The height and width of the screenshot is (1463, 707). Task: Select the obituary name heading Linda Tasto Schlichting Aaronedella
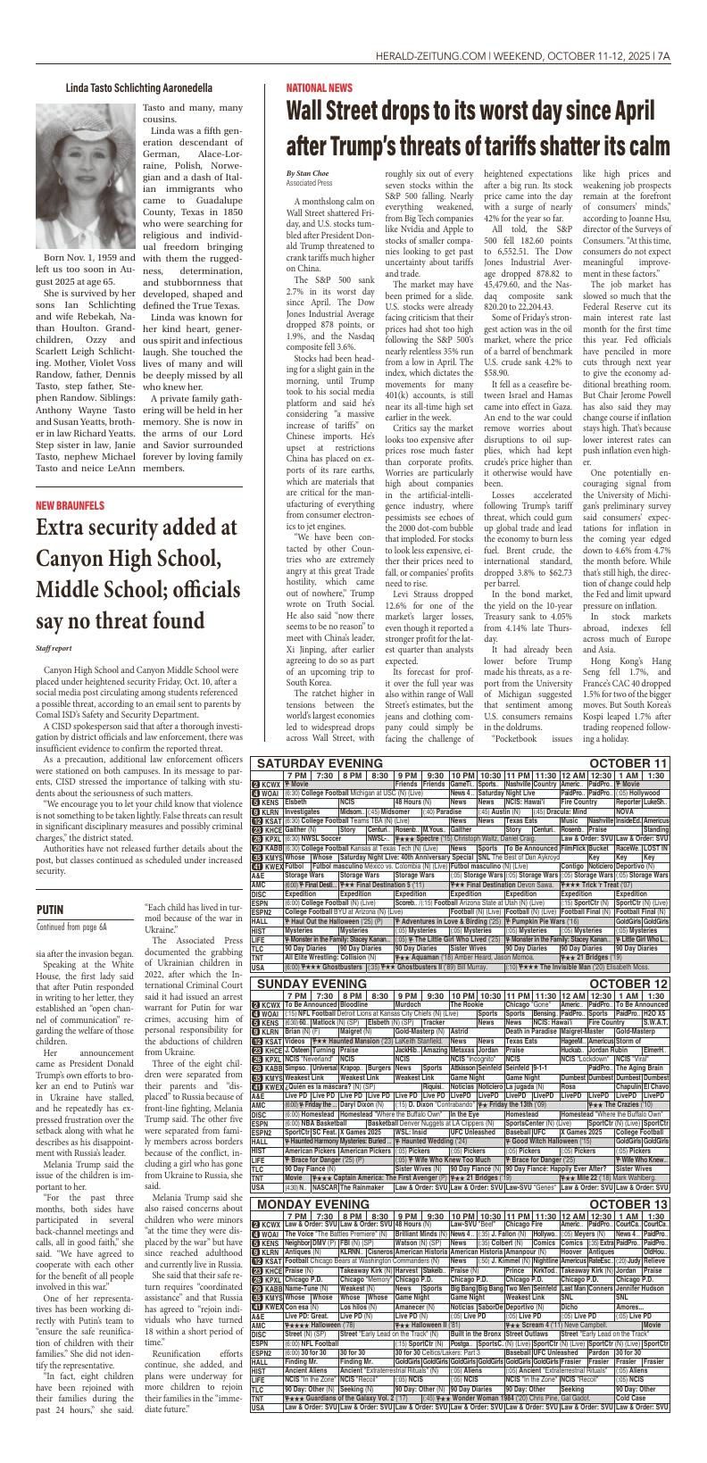click(x=138, y=87)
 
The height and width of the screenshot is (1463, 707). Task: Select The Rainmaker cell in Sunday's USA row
click(x=366, y=1187)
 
